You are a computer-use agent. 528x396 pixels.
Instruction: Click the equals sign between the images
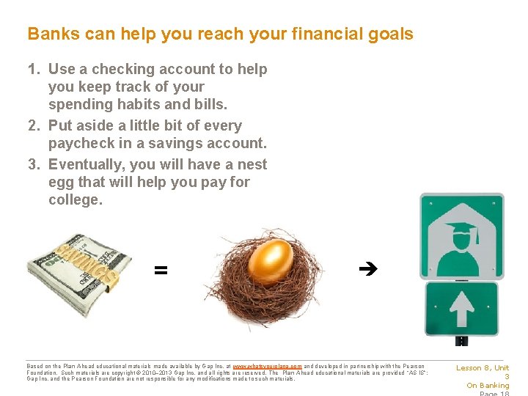tap(161, 271)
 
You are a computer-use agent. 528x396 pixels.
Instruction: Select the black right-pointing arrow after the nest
tap(367, 270)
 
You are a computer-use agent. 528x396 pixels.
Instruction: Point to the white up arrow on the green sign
tap(462, 308)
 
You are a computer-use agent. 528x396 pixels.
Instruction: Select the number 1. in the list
tap(34, 70)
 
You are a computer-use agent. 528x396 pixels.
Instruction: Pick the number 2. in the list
tap(34, 126)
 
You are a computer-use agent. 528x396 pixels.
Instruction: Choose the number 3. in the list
tap(34, 165)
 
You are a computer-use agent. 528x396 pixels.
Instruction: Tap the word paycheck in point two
tap(80, 143)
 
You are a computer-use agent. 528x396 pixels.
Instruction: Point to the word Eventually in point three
tap(84, 165)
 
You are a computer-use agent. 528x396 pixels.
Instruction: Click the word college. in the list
tap(76, 200)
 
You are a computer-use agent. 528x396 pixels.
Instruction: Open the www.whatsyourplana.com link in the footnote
tap(267, 366)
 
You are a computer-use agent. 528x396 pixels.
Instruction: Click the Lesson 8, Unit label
tap(483, 368)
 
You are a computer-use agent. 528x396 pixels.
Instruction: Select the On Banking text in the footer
tap(488, 386)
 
